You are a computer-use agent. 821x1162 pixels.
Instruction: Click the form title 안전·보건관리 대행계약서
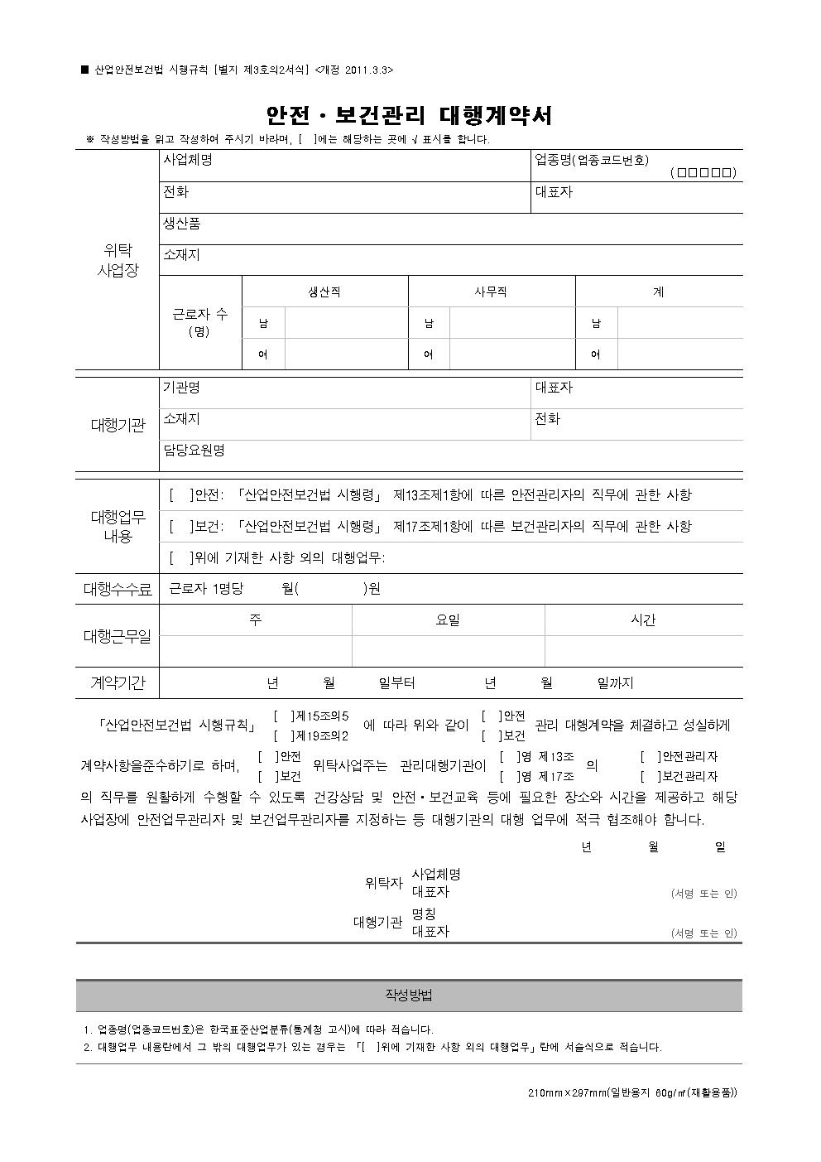409,115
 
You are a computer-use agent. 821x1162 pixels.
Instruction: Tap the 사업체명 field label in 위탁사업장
188,160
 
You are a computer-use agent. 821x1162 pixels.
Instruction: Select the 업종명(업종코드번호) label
592,160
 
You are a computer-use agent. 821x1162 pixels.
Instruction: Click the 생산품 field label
182,224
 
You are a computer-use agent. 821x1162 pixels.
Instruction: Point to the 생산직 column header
324,292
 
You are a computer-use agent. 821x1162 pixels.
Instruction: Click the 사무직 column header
491,292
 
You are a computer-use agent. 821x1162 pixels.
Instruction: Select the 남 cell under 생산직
263,323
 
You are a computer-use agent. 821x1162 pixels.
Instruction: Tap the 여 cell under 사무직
429,354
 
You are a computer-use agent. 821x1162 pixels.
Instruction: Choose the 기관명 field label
181,388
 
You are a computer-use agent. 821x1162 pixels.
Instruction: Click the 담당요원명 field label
194,451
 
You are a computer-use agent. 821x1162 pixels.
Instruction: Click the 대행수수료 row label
118,590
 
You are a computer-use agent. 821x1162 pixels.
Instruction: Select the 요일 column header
448,620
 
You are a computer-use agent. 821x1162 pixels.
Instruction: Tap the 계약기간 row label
118,683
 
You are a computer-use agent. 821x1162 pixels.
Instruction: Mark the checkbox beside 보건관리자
651,776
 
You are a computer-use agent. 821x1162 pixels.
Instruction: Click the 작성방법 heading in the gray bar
409,995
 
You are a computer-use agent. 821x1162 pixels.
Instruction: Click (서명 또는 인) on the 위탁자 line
703,894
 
